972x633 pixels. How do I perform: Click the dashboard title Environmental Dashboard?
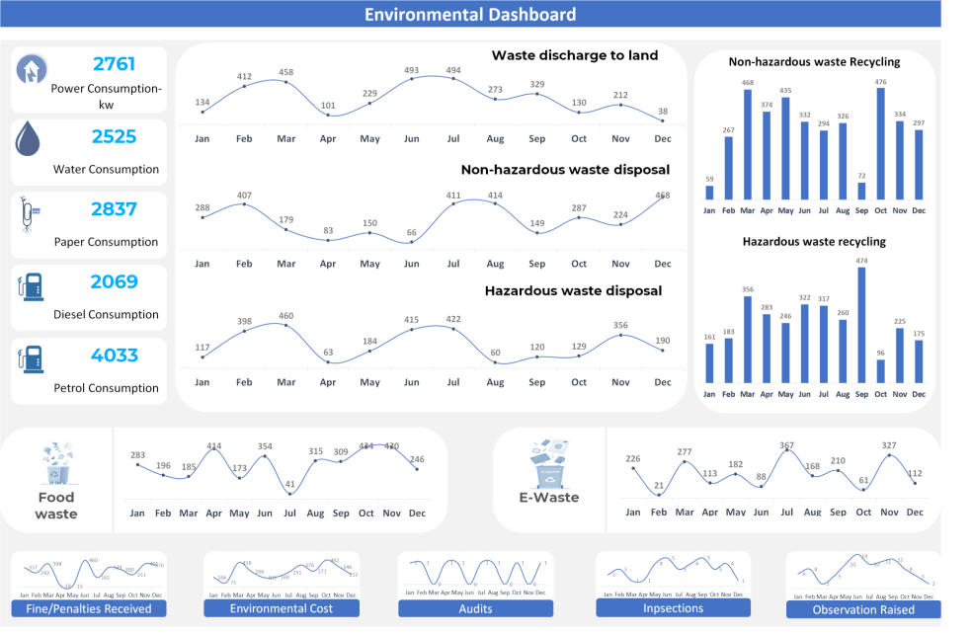(x=470, y=14)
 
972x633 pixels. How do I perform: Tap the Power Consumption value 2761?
(x=114, y=64)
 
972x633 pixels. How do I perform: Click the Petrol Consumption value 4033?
(x=114, y=356)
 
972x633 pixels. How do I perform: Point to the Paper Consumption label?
(x=106, y=242)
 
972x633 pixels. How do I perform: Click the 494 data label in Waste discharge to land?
(x=453, y=70)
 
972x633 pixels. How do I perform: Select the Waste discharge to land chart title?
(x=574, y=55)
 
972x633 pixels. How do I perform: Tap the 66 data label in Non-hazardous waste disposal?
(x=412, y=232)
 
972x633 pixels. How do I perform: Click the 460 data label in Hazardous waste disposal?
(x=285, y=316)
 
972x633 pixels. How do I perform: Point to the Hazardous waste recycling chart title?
(x=814, y=241)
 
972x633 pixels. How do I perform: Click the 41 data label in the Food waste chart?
(x=289, y=485)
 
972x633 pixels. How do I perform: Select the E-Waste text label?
(x=548, y=498)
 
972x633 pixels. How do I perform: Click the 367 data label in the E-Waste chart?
(x=786, y=446)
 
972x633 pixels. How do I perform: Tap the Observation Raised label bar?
(x=862, y=609)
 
